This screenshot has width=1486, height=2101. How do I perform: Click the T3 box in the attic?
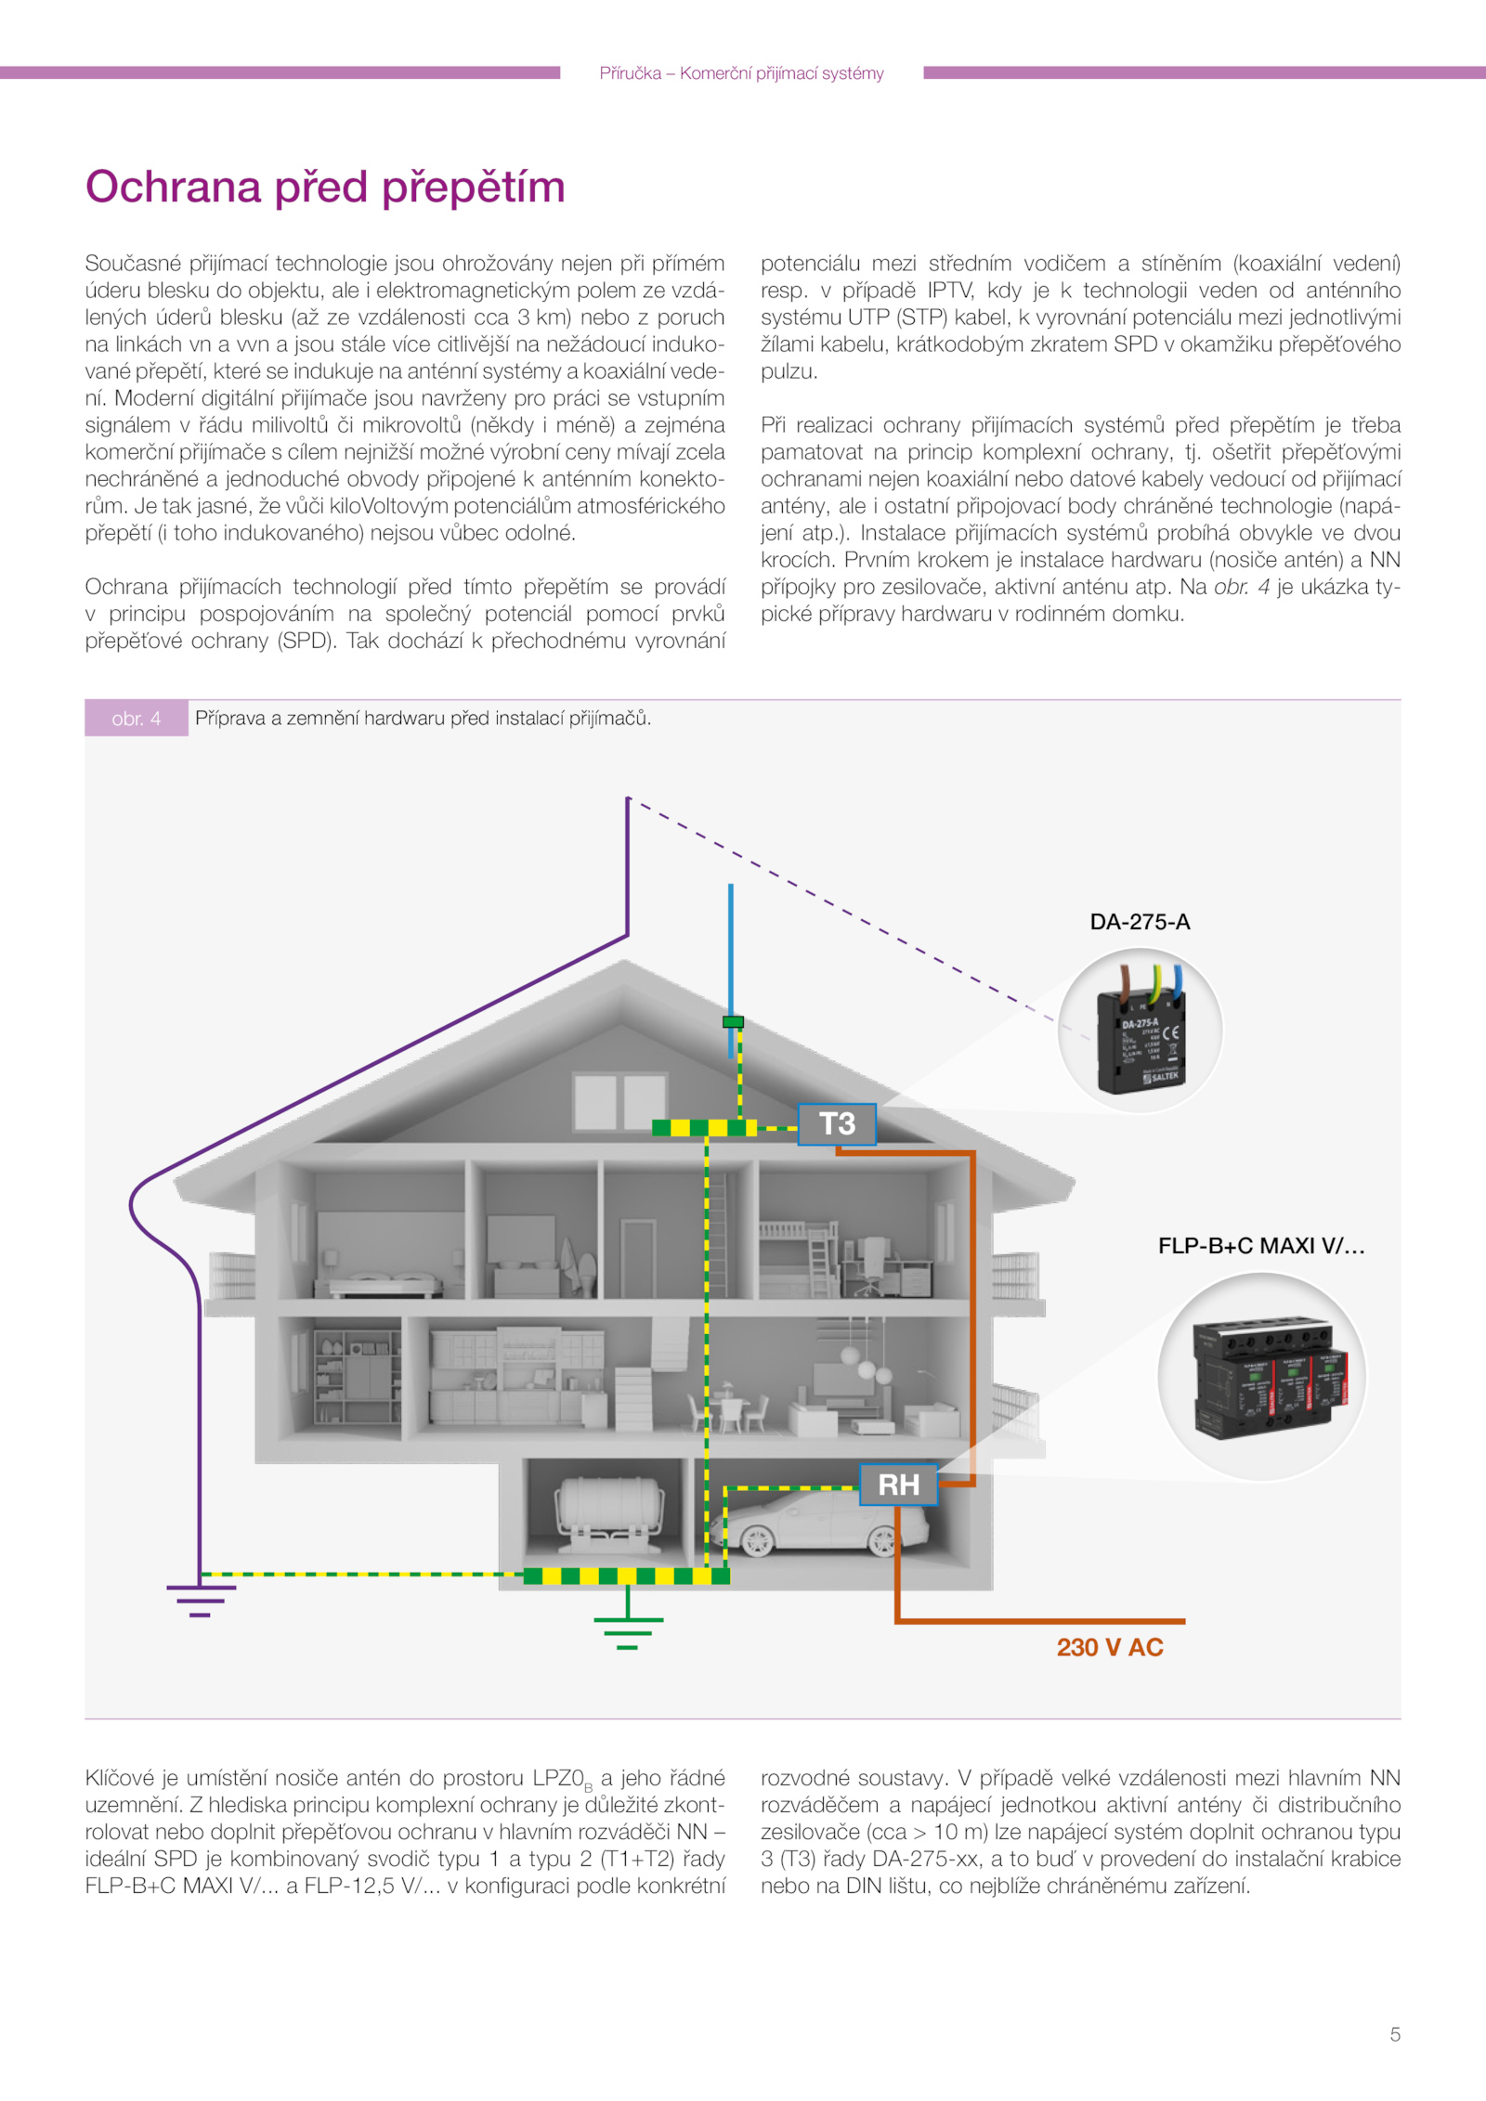(x=837, y=1124)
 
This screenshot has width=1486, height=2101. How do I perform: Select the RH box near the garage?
(x=898, y=1485)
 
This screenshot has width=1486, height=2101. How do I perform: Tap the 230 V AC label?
(x=1110, y=1647)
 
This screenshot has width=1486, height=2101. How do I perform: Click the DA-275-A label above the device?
(x=1140, y=922)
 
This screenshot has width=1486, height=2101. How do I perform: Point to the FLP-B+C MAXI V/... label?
(x=1261, y=1246)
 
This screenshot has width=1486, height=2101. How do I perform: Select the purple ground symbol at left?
(x=201, y=1599)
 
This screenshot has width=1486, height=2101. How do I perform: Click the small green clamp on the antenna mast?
(x=733, y=1022)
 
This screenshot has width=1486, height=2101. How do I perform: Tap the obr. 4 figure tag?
(x=137, y=719)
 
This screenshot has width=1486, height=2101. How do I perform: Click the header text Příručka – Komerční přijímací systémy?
(x=741, y=73)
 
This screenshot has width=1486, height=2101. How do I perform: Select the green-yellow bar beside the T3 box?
(x=704, y=1128)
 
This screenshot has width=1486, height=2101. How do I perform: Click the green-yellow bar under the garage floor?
(x=627, y=1576)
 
